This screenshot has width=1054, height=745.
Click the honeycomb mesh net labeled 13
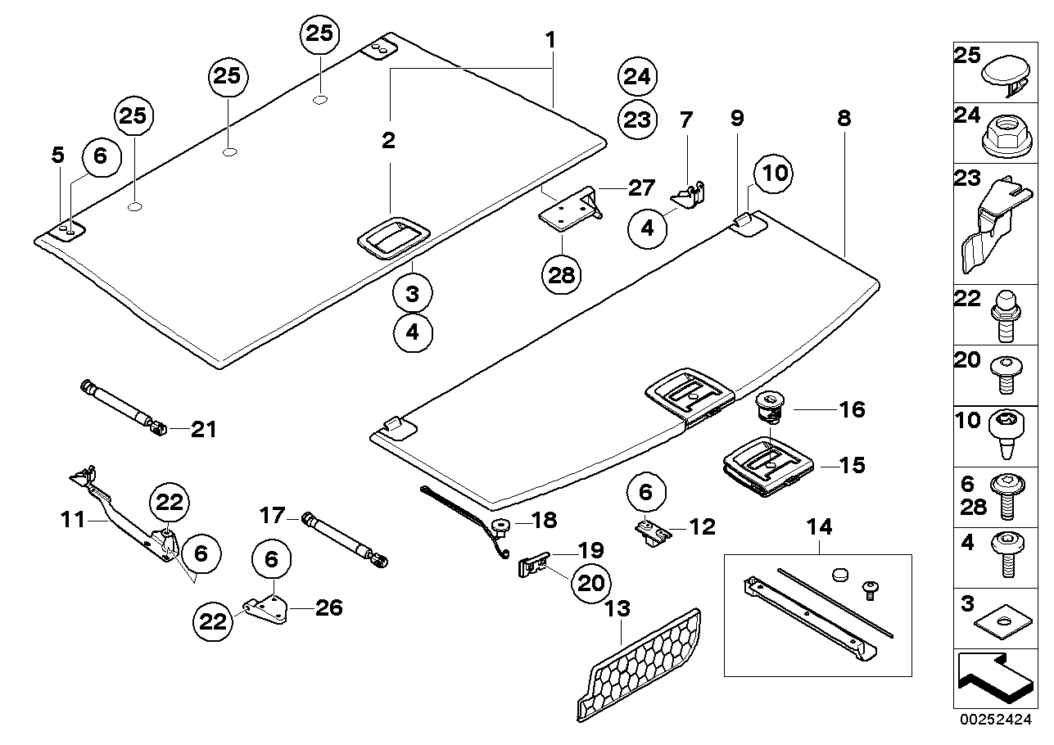click(643, 664)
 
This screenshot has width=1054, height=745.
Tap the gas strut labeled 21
click(123, 406)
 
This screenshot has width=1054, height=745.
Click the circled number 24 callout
click(636, 77)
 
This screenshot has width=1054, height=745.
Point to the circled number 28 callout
click(562, 274)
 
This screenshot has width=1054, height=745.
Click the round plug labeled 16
click(770, 405)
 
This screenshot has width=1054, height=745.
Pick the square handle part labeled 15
click(768, 467)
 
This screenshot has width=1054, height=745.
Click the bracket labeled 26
click(266, 608)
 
